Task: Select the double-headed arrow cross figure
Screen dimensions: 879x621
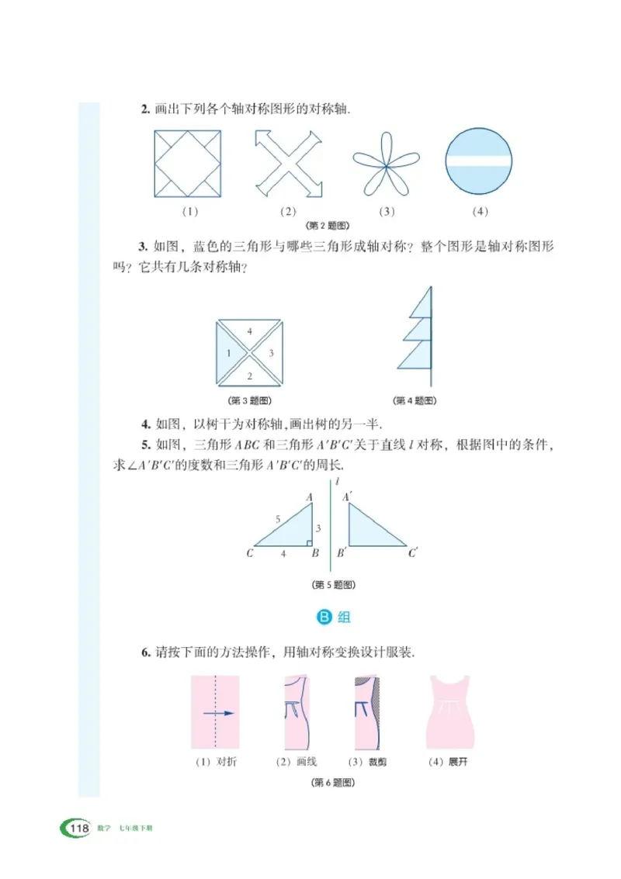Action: tap(288, 164)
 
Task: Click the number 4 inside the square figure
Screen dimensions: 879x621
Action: tap(249, 331)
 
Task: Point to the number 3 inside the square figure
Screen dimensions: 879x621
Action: tap(271, 353)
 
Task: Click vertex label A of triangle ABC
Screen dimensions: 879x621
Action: tap(309, 497)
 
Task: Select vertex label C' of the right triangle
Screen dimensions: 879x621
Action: tap(415, 554)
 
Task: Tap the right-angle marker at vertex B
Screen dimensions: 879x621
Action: tap(308, 542)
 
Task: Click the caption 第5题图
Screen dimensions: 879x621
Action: tap(333, 584)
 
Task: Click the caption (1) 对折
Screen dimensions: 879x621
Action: tap(215, 762)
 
